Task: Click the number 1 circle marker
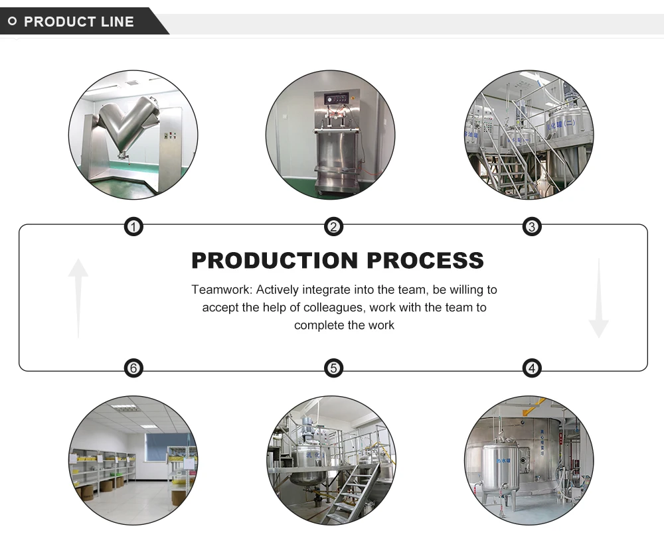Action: pyautogui.click(x=134, y=228)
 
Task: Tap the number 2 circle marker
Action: pyautogui.click(x=333, y=228)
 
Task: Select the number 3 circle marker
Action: pyautogui.click(x=531, y=228)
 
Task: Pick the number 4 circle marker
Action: pyautogui.click(x=531, y=368)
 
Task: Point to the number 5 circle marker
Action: pyautogui.click(x=333, y=368)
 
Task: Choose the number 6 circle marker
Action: pyautogui.click(x=134, y=368)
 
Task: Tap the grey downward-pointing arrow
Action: pyautogui.click(x=598, y=299)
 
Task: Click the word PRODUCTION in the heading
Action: pyautogui.click(x=274, y=260)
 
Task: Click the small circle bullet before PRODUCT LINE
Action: pyautogui.click(x=12, y=22)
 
